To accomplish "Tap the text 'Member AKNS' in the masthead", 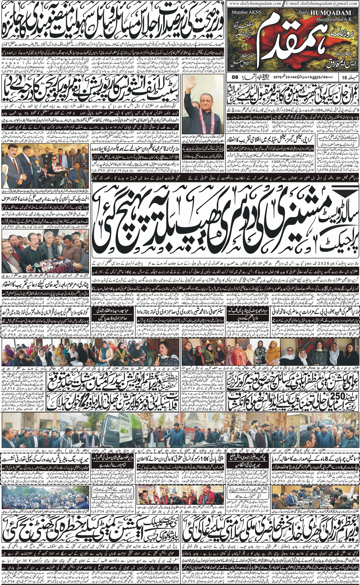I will [x=244, y=12].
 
